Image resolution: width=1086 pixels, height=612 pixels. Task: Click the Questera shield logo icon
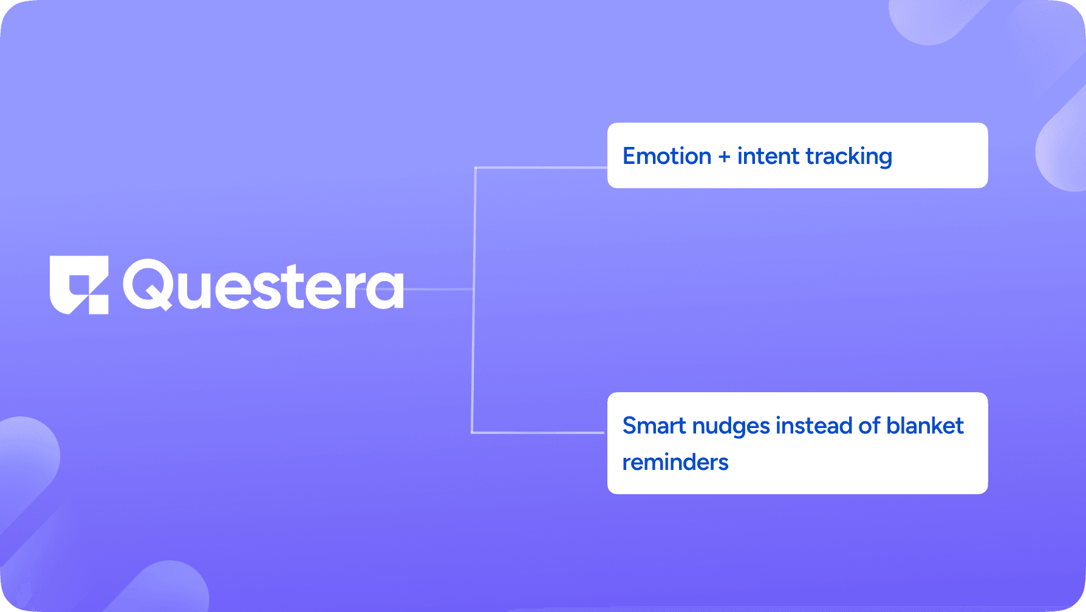[79, 285]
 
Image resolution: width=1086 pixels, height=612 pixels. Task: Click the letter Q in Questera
[148, 285]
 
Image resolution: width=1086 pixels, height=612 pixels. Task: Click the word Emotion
[667, 156]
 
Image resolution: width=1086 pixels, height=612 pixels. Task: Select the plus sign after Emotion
[724, 157]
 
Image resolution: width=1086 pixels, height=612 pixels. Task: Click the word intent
[768, 156]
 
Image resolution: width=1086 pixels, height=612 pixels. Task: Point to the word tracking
[849, 157]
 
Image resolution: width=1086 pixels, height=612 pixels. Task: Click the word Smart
[654, 426]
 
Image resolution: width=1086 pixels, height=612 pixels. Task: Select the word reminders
[675, 462]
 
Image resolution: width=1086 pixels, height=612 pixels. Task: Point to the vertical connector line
[474, 300]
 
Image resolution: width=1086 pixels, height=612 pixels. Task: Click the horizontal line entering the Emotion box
[541, 168]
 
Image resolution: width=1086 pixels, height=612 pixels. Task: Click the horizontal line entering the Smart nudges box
[538, 433]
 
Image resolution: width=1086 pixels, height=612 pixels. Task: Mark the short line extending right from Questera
[439, 289]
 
